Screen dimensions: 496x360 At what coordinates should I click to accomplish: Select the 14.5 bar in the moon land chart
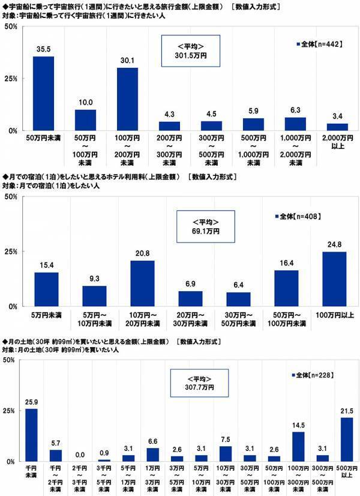(x=299, y=446)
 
